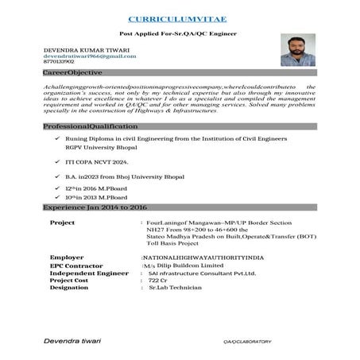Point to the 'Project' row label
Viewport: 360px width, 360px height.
tap(63, 223)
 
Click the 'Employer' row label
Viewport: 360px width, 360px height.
tap(67, 258)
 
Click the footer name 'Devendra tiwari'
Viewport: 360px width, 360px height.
tap(72, 341)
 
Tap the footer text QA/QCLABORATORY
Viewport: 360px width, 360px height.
tap(246, 342)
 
